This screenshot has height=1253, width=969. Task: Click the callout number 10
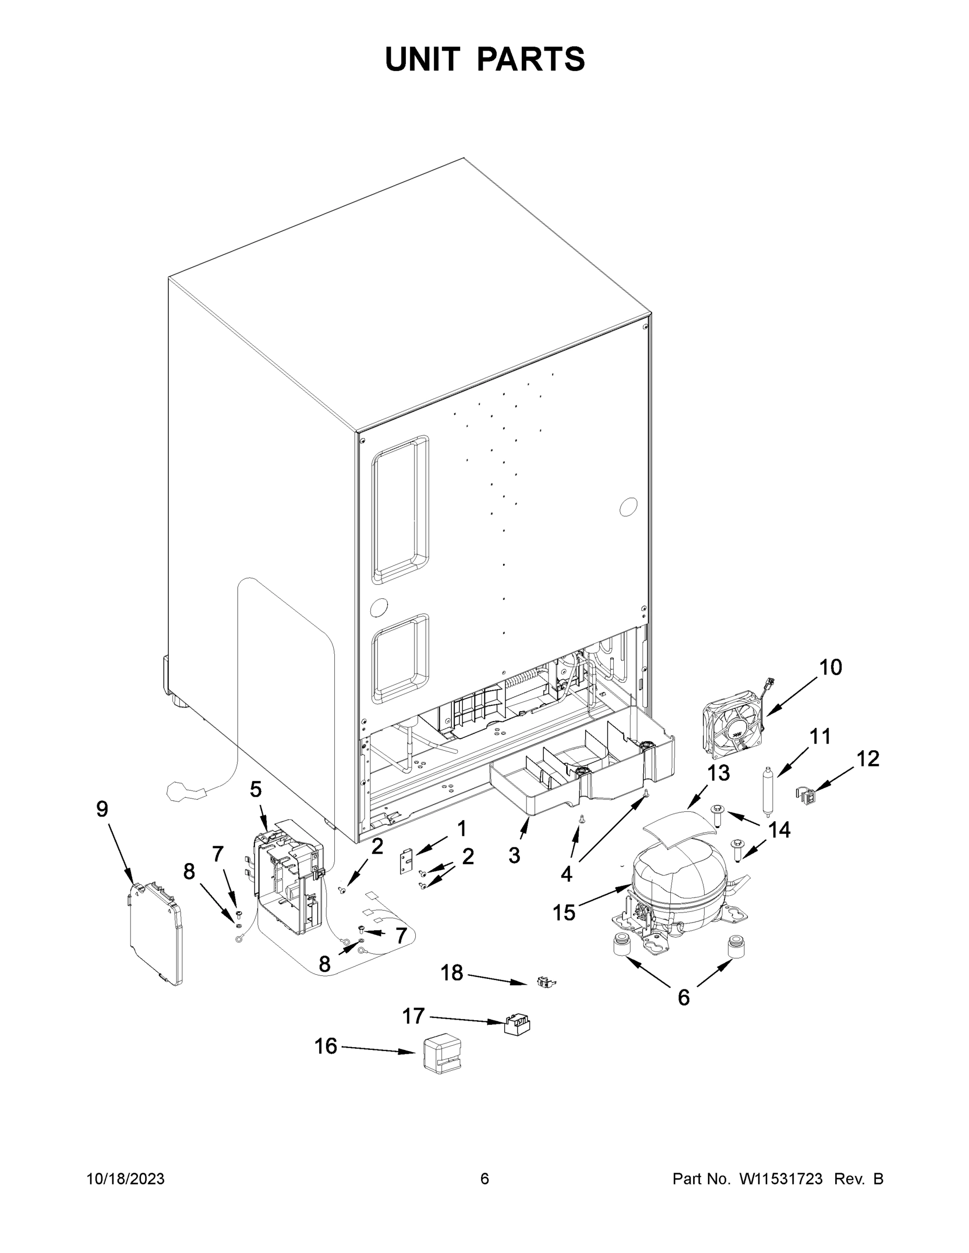point(830,668)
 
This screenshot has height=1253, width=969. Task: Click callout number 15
point(564,912)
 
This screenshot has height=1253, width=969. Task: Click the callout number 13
point(718,773)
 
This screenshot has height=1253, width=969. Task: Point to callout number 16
point(325,1046)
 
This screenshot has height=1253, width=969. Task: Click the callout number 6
point(683,998)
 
